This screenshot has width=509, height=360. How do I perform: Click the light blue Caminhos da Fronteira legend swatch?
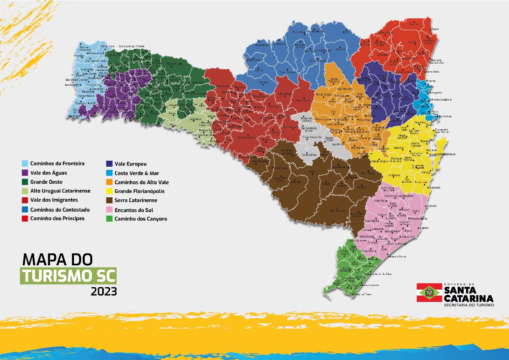(x=25, y=163)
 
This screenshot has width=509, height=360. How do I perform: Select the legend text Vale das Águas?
(x=49, y=173)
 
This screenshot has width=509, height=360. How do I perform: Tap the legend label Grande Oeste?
(x=46, y=182)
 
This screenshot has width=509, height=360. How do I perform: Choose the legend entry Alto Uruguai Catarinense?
(x=60, y=191)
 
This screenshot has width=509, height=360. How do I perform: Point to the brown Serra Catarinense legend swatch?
(x=109, y=200)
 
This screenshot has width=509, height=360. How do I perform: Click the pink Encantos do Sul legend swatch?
(x=109, y=210)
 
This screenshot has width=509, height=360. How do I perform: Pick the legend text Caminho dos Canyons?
(x=141, y=219)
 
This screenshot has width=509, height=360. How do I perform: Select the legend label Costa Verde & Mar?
(x=136, y=173)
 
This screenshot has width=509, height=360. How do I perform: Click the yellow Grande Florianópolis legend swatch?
(x=109, y=191)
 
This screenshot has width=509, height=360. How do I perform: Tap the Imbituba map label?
(x=431, y=206)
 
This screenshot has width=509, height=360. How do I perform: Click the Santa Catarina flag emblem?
(x=429, y=292)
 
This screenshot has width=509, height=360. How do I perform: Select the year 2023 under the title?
(x=104, y=292)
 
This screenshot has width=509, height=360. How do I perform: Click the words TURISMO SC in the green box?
(x=69, y=276)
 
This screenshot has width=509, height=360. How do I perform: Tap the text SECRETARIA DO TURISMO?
(x=469, y=305)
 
